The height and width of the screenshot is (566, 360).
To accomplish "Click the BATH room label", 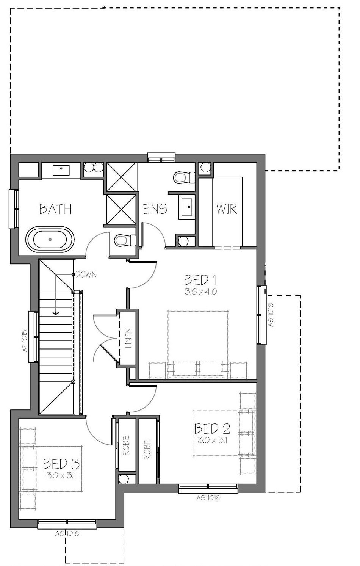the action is pyautogui.click(x=56, y=209).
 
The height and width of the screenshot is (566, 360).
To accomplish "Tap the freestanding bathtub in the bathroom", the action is pyautogui.click(x=50, y=239).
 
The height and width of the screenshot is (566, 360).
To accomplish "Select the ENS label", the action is pyautogui.click(x=155, y=209).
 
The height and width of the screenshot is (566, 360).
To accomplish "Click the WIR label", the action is pyautogui.click(x=227, y=209).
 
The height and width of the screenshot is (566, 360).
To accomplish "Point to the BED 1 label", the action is pyautogui.click(x=200, y=280).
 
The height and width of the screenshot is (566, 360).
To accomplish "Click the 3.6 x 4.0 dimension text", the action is pyautogui.click(x=201, y=292).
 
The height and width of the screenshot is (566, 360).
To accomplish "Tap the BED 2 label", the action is pyautogui.click(x=212, y=428).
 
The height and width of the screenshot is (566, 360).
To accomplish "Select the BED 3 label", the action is pyautogui.click(x=61, y=464).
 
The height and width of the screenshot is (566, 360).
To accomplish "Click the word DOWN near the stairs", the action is pyautogui.click(x=86, y=274).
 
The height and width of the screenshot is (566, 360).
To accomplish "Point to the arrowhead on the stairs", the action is pyautogui.click(x=56, y=314).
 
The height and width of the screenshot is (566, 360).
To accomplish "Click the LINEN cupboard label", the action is pyautogui.click(x=128, y=338).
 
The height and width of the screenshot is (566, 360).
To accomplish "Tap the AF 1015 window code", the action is pyautogui.click(x=25, y=340).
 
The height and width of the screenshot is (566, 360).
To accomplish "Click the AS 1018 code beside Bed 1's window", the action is pyautogui.click(x=271, y=315).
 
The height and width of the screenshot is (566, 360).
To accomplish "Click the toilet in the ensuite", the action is pyautogui.click(x=184, y=177).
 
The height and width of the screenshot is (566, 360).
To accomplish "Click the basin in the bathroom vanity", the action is pyautogui.click(x=61, y=170).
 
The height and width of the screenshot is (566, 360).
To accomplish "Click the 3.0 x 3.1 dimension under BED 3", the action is pyautogui.click(x=61, y=475).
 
